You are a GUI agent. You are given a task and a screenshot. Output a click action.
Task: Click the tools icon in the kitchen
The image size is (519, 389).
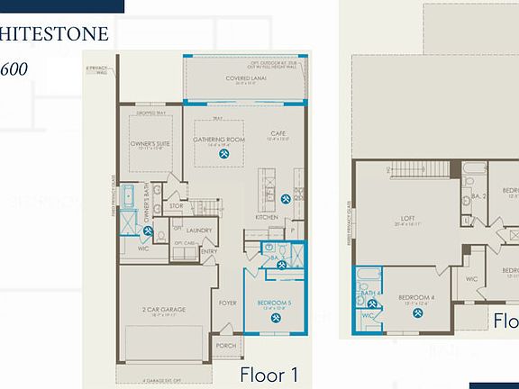pyautogui.click(x=286, y=199)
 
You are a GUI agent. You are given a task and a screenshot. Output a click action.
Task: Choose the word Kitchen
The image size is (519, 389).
pyautogui.click(x=266, y=218)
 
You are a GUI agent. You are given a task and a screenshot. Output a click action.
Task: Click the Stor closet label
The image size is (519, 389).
pyautogui.click(x=177, y=206)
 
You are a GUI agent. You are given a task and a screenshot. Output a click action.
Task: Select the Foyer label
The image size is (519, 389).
pyautogui.click(x=227, y=303)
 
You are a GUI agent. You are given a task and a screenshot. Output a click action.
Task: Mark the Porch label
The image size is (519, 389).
pyautogui.click(x=226, y=346)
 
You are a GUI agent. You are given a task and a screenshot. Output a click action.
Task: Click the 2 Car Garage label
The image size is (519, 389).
pyautogui.click(x=163, y=310)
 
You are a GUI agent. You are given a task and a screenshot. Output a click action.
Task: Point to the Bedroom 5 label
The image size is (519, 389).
pyautogui.click(x=273, y=303)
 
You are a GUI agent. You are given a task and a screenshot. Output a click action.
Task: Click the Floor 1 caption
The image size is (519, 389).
pyautogui.click(x=269, y=374)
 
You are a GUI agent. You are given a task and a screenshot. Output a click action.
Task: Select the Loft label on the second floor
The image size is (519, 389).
pyautogui.click(x=407, y=218)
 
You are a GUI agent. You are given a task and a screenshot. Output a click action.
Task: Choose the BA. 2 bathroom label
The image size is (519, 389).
pyautogui.click(x=478, y=195)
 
